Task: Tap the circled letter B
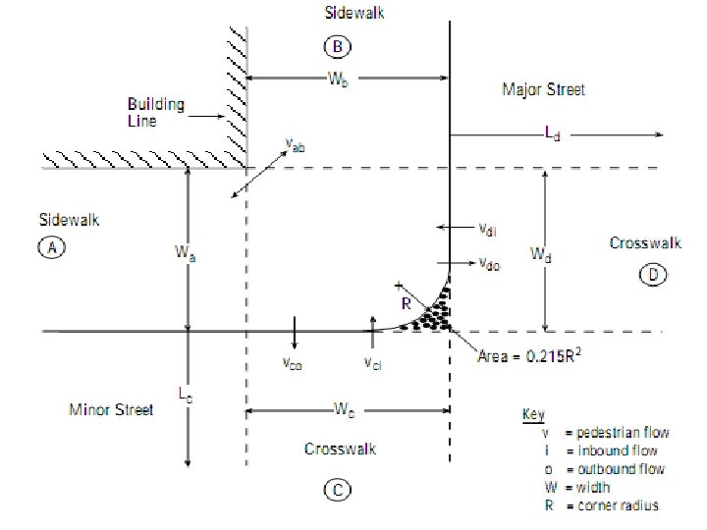click(x=337, y=46)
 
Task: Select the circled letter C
click(x=337, y=490)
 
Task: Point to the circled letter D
click(x=654, y=275)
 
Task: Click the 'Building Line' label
click(x=156, y=111)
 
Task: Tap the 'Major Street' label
click(x=543, y=90)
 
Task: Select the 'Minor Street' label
click(x=112, y=409)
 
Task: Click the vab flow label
click(x=295, y=146)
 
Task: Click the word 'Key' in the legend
click(x=535, y=416)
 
